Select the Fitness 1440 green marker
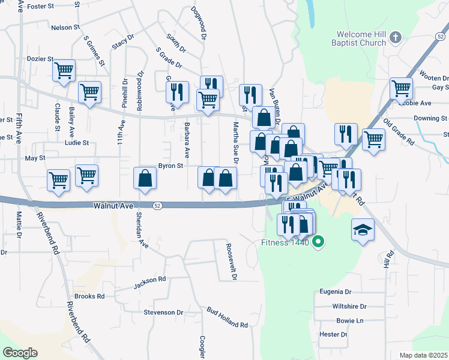click(x=319, y=243)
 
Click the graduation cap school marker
click(x=363, y=230)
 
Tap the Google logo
click(x=20, y=353)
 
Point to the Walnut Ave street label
click(x=113, y=205)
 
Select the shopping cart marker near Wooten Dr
click(x=400, y=88)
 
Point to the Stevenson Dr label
click(x=163, y=313)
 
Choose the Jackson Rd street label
click(x=149, y=280)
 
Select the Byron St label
click(x=170, y=166)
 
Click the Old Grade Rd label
click(x=399, y=134)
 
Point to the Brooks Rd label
click(x=89, y=296)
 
